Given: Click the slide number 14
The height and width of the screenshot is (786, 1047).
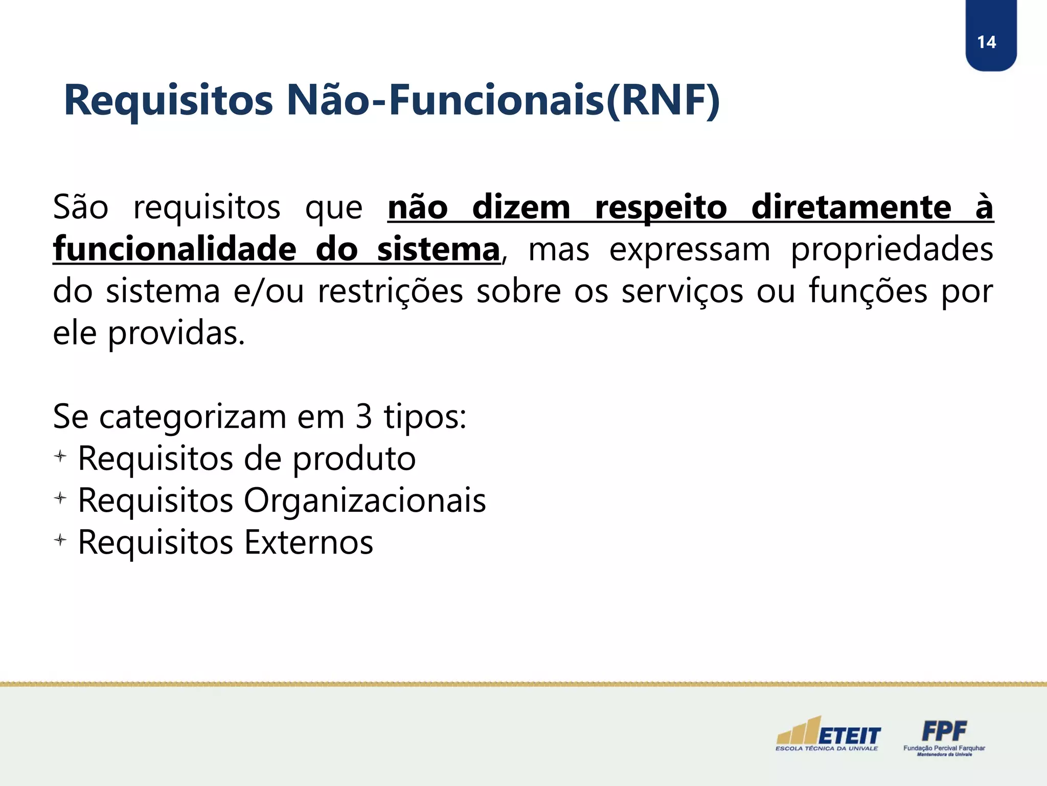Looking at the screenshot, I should [986, 42].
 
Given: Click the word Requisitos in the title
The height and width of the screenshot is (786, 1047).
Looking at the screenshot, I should [168, 101].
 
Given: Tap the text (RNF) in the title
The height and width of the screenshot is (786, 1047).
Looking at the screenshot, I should [663, 101].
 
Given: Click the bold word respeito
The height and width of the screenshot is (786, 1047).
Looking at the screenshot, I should [661, 208].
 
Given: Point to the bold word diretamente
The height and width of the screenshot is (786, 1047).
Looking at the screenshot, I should [851, 207].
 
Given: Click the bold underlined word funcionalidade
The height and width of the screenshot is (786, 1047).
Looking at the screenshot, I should [174, 249].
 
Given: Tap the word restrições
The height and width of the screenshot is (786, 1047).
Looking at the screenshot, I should [390, 291].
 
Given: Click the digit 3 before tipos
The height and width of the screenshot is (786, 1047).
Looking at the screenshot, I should [363, 417].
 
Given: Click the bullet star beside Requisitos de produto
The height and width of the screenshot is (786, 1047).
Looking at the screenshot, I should [60, 456].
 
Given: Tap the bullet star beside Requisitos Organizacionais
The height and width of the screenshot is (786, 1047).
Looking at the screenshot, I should [60, 498].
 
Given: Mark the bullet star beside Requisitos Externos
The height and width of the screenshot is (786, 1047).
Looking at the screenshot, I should [60, 540].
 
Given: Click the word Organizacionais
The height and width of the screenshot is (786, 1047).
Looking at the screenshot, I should [365, 501].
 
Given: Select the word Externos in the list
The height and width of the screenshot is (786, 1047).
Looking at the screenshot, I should [309, 542].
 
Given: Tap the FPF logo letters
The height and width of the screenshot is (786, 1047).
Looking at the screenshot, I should [944, 731].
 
